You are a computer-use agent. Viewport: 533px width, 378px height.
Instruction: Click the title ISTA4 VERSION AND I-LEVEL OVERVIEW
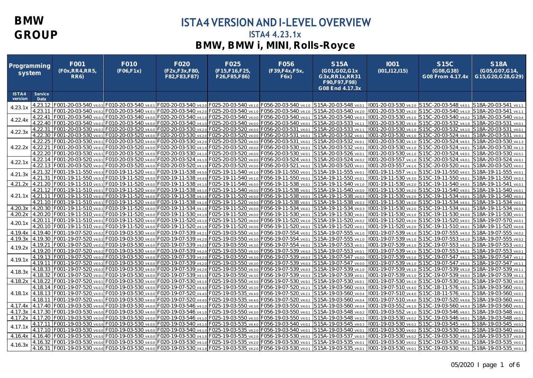coord(275,23)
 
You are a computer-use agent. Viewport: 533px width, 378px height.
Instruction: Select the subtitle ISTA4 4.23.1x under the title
coord(275,35)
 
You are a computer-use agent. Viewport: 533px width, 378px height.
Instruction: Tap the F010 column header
coord(129,64)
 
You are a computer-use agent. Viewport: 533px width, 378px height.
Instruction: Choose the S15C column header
coord(445,64)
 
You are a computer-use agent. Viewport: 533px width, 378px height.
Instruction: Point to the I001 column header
coord(392,64)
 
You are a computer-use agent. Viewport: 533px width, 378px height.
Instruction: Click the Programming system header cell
coord(30,69)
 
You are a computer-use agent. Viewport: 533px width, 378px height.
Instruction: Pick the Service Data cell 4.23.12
coord(42,106)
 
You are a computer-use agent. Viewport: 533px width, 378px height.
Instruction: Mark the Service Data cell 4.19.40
coord(42,233)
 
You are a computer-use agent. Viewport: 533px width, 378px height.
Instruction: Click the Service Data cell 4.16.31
coord(42,347)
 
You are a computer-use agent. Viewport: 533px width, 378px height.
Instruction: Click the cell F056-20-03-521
coord(281,166)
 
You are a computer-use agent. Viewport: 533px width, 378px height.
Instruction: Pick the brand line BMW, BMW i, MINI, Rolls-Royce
coord(275,46)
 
